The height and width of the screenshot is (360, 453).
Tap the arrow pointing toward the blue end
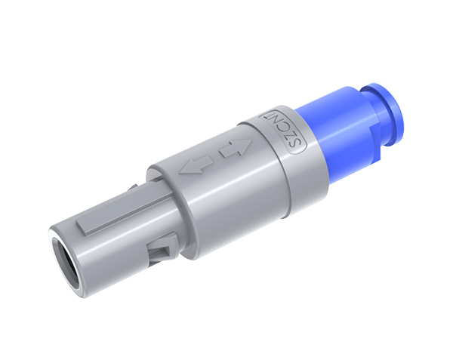pyautogui.click(x=236, y=148)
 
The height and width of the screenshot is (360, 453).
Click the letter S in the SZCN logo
pyautogui.click(x=297, y=144)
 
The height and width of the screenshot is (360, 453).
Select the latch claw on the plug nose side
pyautogui.click(x=163, y=248)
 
